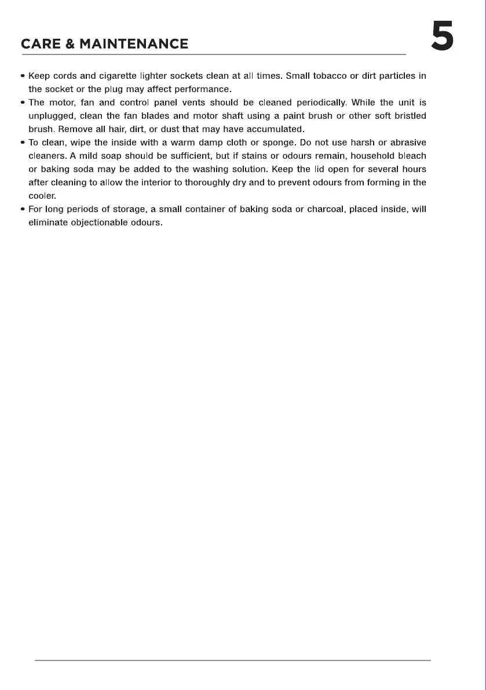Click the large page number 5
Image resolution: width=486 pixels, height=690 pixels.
(x=442, y=36)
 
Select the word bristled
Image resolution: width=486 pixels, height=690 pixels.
(x=409, y=116)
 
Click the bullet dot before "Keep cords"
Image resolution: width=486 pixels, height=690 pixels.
(x=23, y=76)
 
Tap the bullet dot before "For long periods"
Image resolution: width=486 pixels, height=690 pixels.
(x=23, y=209)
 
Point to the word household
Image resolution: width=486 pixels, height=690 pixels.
(x=371, y=156)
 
